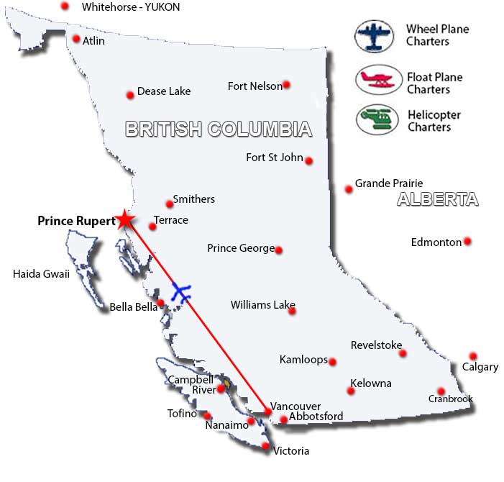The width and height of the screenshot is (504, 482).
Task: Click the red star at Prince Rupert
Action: [125, 219]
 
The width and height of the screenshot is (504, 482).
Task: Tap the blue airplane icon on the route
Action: [183, 294]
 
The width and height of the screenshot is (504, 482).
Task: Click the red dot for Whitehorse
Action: [65, 6]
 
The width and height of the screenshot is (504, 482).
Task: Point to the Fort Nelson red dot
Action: [286, 85]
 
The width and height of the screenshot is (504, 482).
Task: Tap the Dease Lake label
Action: [163, 92]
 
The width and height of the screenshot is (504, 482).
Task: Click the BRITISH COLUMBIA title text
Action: [219, 129]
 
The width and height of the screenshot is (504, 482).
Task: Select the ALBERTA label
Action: [438, 200]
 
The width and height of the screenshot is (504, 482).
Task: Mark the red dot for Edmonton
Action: [467, 242]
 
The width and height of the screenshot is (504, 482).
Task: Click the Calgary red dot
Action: [472, 356]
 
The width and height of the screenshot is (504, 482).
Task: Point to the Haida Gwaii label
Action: [41, 273]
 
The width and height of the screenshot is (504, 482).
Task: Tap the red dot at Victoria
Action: [265, 447]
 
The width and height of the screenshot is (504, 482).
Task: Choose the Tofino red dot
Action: [207, 415]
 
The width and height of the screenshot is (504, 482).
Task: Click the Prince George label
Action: [241, 248]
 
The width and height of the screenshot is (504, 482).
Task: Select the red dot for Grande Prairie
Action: [349, 189]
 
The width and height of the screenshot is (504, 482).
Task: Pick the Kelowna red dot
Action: [351, 391]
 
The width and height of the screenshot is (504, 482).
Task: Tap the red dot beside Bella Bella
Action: [161, 304]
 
